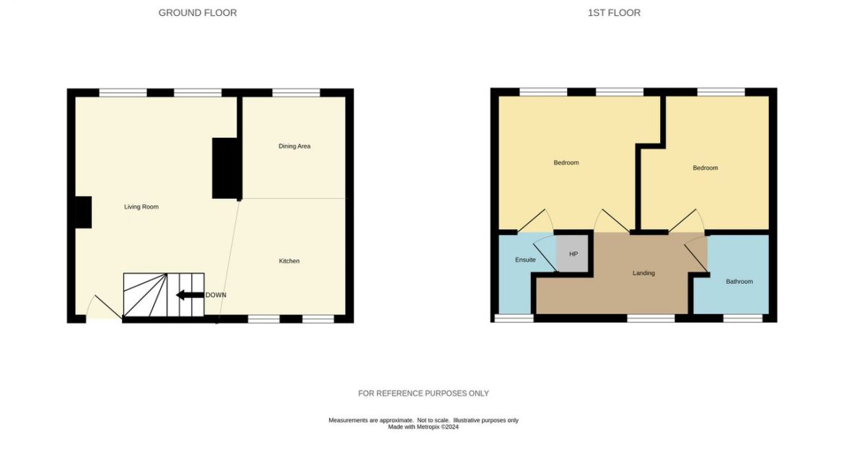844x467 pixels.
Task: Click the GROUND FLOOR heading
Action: click(x=198, y=12)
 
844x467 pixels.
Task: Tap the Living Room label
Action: click(x=141, y=207)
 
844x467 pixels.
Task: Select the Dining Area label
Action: click(x=294, y=146)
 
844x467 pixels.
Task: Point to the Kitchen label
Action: click(x=289, y=261)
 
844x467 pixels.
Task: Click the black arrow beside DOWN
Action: click(x=190, y=295)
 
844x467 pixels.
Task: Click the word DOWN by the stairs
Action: click(x=216, y=295)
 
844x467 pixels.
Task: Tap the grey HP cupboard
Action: click(x=573, y=254)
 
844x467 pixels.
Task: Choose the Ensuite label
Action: click(x=525, y=259)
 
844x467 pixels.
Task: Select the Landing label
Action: click(x=643, y=273)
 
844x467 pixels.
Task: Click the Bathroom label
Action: click(x=739, y=282)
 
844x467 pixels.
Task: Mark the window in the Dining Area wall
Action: click(x=296, y=92)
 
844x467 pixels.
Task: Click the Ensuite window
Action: click(x=514, y=318)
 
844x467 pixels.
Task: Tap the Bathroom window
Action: click(x=743, y=318)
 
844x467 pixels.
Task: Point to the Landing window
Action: click(x=651, y=318)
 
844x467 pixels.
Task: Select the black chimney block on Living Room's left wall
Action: click(x=83, y=213)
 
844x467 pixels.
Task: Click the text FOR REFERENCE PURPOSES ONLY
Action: click(x=423, y=393)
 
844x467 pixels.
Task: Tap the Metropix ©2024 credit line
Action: click(x=423, y=427)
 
